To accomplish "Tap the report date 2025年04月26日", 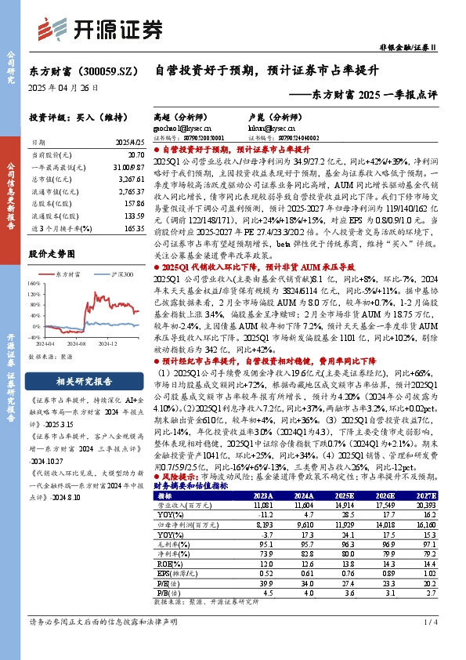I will (x=64, y=88).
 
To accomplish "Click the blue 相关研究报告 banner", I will (x=84, y=382).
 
